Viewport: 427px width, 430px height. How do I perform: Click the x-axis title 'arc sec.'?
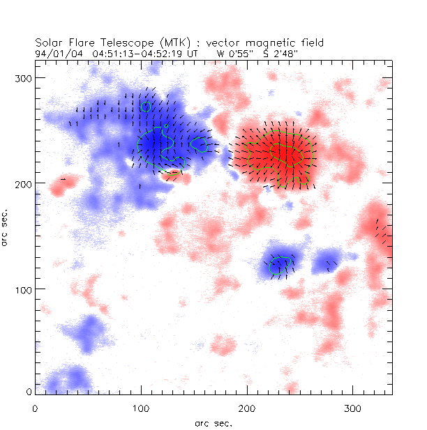click(x=213, y=422)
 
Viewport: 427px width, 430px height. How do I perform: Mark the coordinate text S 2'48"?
click(x=270, y=52)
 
